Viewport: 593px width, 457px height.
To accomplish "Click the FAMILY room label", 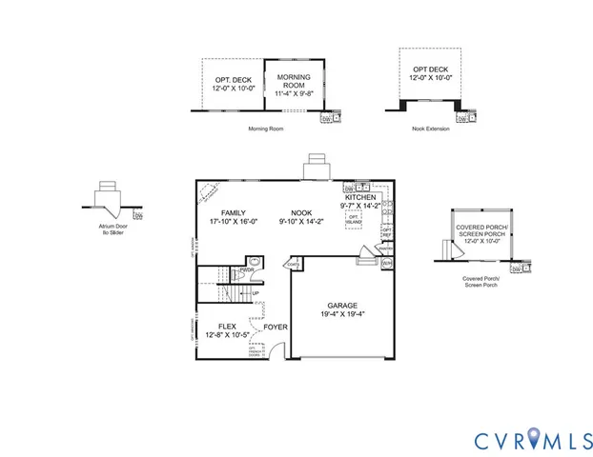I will pos(234,212).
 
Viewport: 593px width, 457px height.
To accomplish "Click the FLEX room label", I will pos(228,325).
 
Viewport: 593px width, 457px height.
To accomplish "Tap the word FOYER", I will pos(276,326).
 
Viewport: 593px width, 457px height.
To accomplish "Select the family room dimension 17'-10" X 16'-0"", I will pos(234,222).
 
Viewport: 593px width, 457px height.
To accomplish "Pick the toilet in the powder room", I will pos(253,264).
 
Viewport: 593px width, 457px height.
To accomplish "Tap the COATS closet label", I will pos(294,265).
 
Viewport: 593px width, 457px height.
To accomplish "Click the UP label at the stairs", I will pos(256,292).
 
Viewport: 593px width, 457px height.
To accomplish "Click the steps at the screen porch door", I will pos(442,249).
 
